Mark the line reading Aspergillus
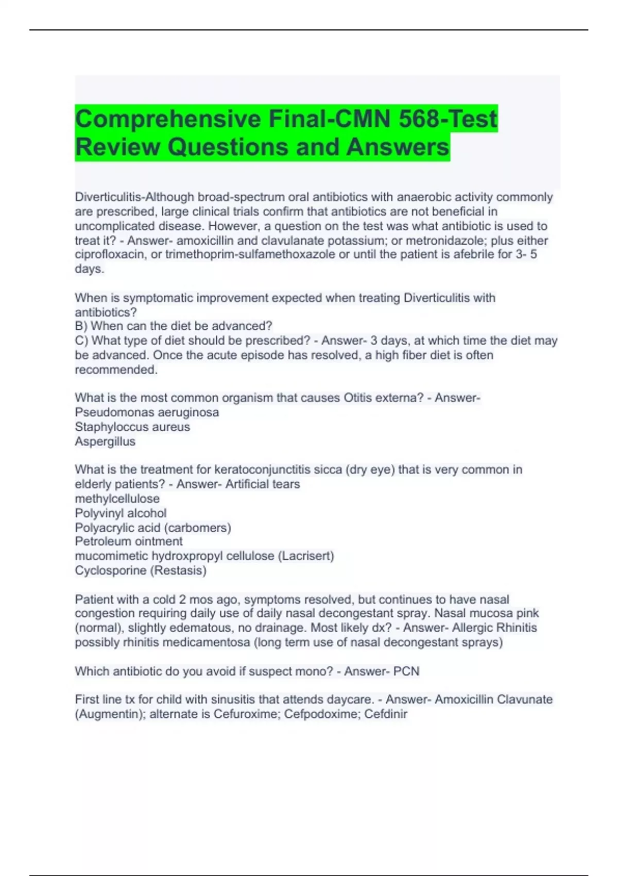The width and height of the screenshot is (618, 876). [105, 441]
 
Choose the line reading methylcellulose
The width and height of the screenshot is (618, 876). [117, 498]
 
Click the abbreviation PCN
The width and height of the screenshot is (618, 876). [406, 671]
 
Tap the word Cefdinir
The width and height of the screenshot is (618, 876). [386, 714]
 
